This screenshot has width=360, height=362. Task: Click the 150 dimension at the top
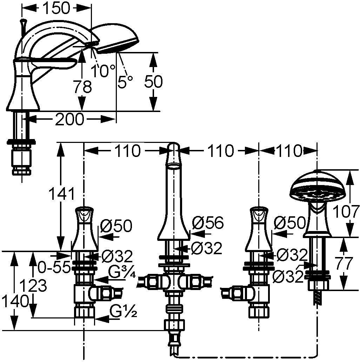click(x=56, y=8)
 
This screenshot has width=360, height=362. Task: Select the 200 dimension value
click(x=69, y=119)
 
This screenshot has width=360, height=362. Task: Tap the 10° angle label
click(x=103, y=71)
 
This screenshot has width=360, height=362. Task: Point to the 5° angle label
click(x=125, y=82)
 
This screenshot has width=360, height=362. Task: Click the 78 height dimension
click(x=82, y=87)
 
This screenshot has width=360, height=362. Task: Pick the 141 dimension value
click(x=62, y=193)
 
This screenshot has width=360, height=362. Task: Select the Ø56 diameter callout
click(x=208, y=223)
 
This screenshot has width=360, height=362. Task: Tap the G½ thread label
click(x=123, y=311)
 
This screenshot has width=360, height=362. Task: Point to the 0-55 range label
click(x=54, y=267)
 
